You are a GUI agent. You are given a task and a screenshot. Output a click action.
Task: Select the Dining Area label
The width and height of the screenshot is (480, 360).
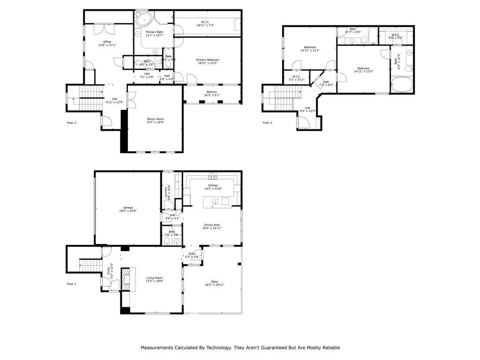[x=212, y=226]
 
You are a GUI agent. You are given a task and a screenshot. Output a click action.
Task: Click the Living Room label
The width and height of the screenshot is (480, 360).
[x=155, y=279]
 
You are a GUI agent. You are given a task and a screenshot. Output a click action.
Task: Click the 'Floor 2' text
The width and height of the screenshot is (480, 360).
[x=71, y=123]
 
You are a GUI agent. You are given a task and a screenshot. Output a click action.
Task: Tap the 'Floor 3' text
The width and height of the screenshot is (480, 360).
[x=267, y=123]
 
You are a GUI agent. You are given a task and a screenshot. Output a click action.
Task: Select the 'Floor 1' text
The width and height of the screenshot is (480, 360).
[x=71, y=284]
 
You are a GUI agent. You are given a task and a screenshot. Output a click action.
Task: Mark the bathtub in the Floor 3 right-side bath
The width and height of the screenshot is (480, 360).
[x=402, y=85]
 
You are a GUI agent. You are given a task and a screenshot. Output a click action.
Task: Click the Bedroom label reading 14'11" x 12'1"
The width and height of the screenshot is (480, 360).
[x=310, y=48]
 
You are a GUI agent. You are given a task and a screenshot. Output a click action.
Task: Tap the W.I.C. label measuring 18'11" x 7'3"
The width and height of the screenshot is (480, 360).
[x=205, y=23]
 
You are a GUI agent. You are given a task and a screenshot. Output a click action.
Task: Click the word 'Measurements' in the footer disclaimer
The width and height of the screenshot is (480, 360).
[x=156, y=348]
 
